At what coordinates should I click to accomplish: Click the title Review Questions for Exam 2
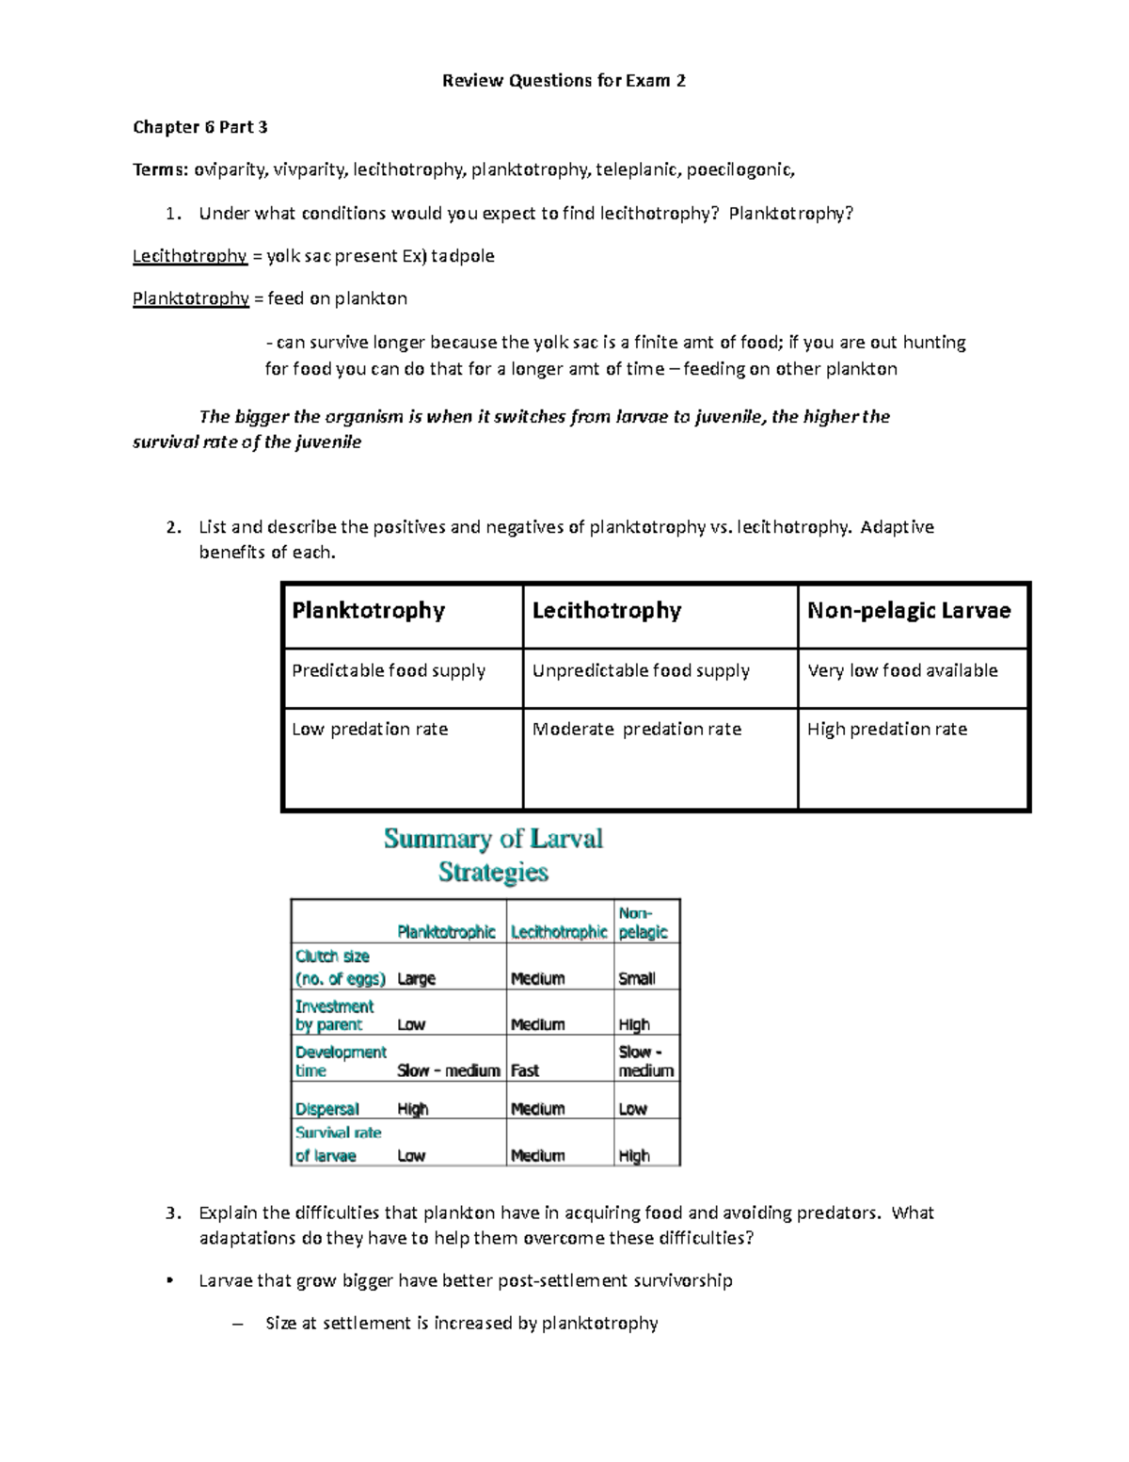click(x=564, y=81)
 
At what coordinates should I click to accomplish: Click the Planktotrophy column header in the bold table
click(x=368, y=611)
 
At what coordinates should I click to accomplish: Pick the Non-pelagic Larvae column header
click(x=909, y=611)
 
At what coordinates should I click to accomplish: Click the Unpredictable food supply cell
click(x=641, y=671)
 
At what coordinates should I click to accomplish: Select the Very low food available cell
click(x=902, y=671)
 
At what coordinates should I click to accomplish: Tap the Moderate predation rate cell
click(x=637, y=730)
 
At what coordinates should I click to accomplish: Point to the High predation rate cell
click(x=886, y=730)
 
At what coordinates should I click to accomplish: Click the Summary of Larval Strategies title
click(x=493, y=855)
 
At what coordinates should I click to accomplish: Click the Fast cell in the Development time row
click(x=524, y=1070)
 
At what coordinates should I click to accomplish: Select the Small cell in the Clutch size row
click(x=636, y=979)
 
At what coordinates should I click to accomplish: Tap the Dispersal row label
click(x=326, y=1109)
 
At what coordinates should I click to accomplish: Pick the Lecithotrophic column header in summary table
click(x=559, y=932)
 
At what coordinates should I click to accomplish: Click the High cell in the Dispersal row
click(x=412, y=1109)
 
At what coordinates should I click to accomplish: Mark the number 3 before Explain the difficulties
click(x=170, y=1213)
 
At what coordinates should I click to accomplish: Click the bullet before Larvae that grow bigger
click(x=169, y=1280)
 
